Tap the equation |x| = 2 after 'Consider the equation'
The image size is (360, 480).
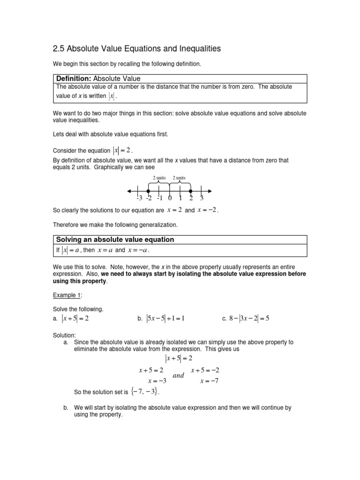(x=122, y=150)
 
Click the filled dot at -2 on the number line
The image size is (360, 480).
(x=149, y=191)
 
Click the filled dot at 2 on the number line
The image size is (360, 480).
(x=190, y=191)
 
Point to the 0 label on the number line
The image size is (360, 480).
(x=170, y=199)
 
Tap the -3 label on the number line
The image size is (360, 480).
(x=138, y=199)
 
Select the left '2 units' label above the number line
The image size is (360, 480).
(x=159, y=178)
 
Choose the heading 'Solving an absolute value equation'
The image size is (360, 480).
(x=115, y=240)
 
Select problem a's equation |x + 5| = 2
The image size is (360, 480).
(x=75, y=319)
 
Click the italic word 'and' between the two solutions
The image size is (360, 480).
(x=179, y=375)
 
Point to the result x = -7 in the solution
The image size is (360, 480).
(x=210, y=381)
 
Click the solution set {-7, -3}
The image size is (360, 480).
(x=145, y=391)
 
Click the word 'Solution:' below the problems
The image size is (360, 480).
(x=65, y=335)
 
